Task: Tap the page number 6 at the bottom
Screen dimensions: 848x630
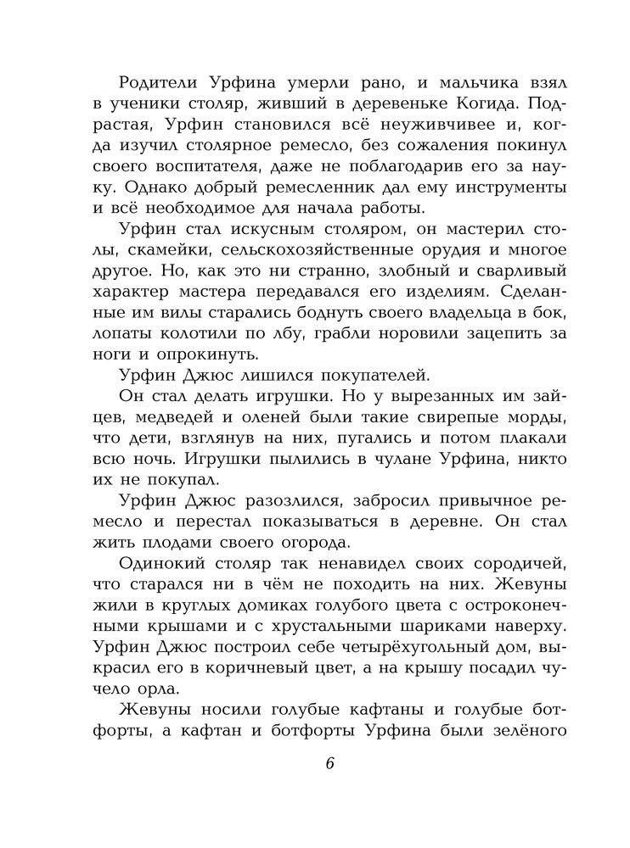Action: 329,761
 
